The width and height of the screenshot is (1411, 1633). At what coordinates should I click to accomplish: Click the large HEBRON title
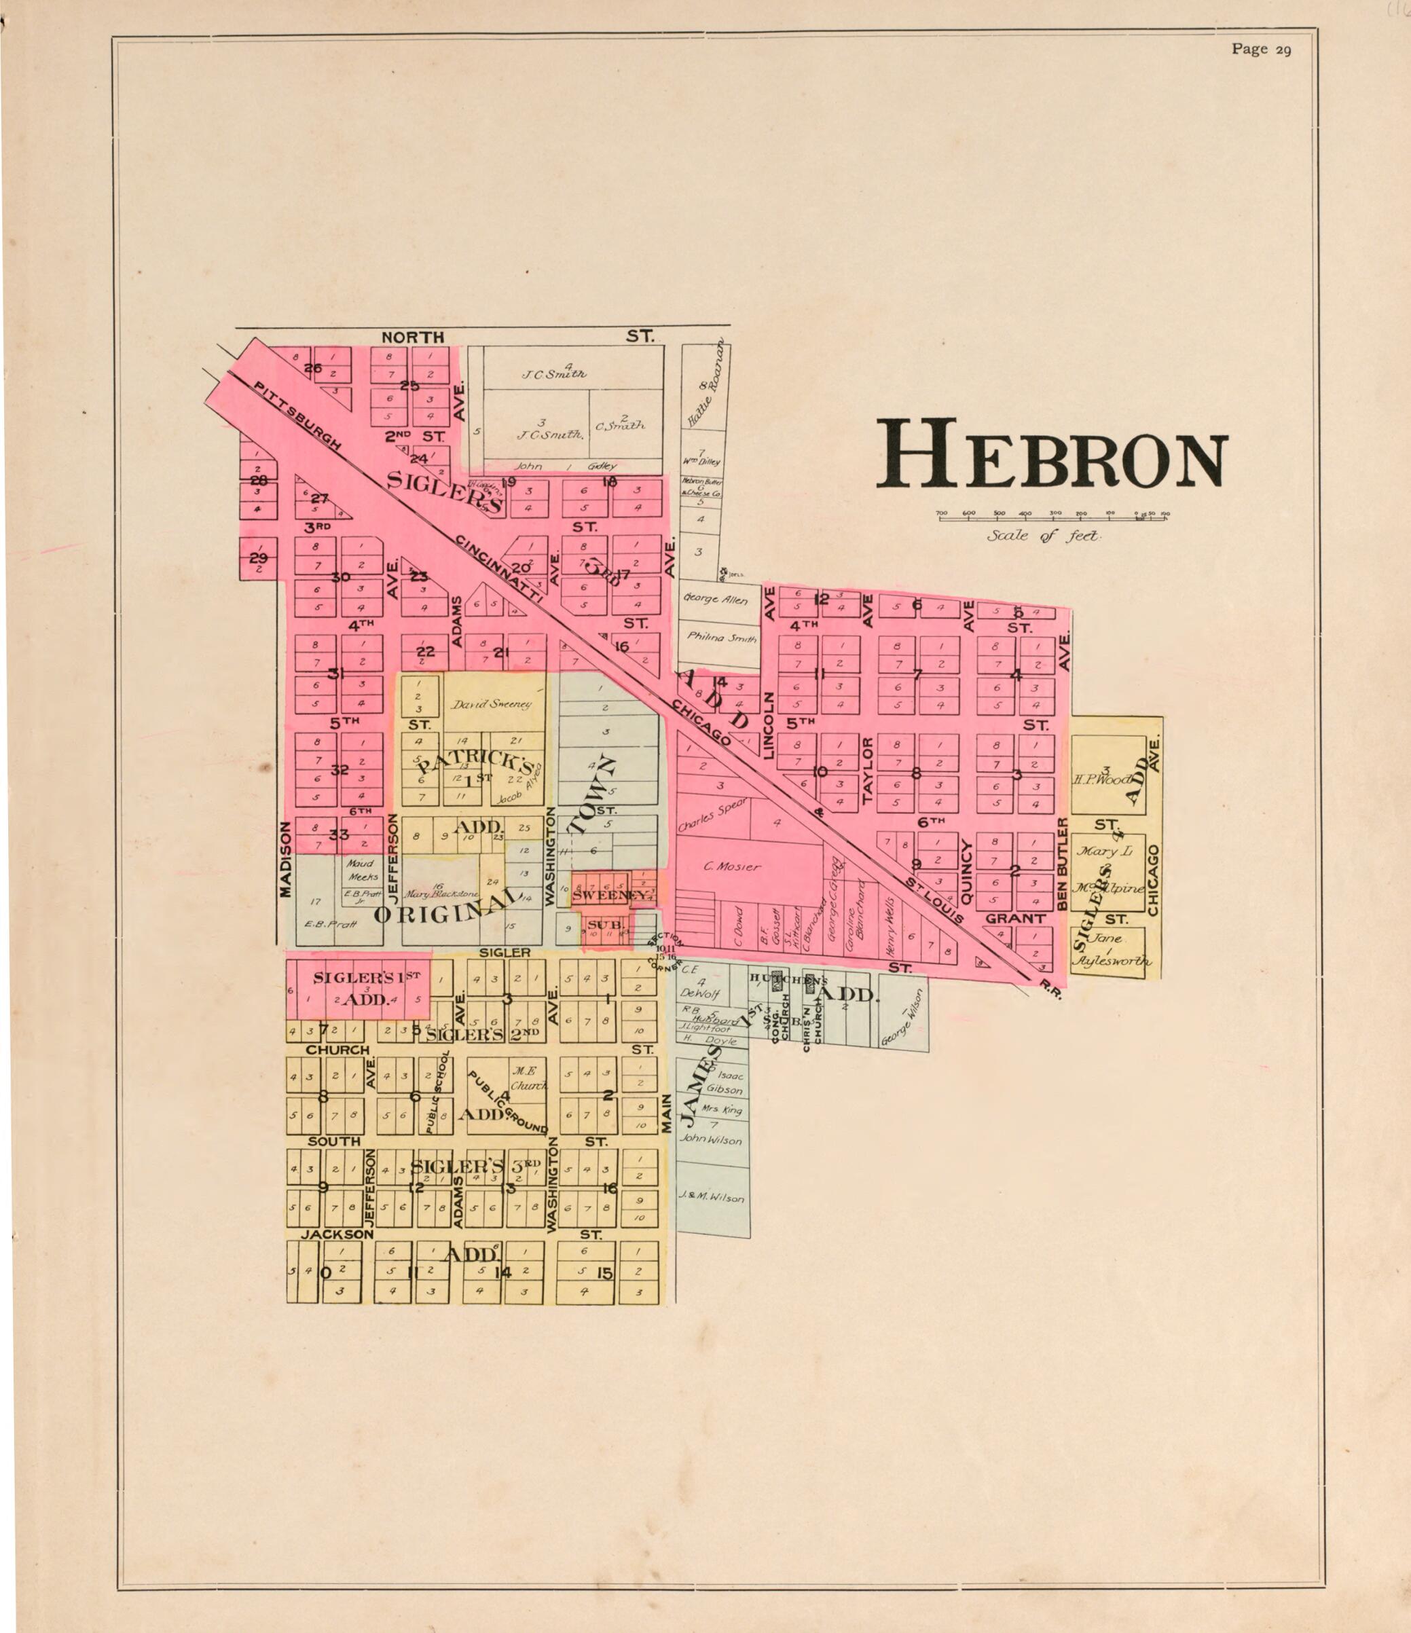point(1052,455)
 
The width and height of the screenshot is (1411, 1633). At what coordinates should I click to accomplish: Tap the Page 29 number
point(1260,49)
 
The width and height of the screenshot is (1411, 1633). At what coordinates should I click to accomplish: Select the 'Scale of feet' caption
point(1044,536)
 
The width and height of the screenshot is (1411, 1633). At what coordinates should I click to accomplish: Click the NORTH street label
point(412,337)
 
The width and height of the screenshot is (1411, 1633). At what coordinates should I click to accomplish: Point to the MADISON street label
point(285,859)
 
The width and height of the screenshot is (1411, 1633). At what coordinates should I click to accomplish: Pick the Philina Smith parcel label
point(720,638)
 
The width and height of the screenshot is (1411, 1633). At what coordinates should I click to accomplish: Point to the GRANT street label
point(1014,919)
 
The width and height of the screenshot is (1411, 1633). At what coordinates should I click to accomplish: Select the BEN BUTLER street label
point(1062,864)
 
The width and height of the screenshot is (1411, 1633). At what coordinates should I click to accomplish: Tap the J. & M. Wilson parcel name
point(711,1198)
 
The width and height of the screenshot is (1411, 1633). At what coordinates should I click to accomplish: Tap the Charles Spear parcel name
point(712,815)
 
